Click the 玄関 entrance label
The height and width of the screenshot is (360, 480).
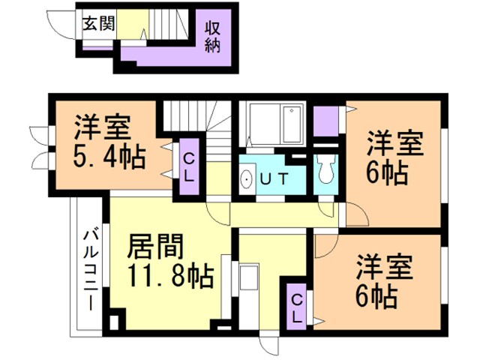[x=98, y=23]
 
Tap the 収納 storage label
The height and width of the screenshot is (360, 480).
[x=213, y=34]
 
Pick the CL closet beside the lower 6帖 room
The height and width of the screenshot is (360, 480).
[x=296, y=306]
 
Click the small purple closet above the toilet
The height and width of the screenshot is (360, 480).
[x=325, y=120]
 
